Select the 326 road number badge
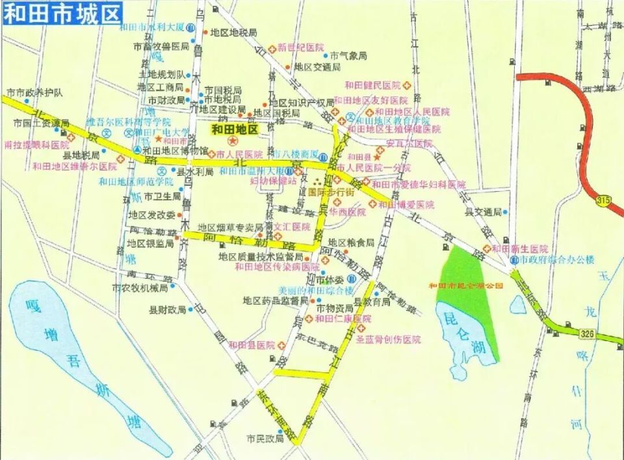point(586,333)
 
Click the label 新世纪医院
point(300,47)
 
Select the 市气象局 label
point(349,56)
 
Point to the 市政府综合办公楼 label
point(557,260)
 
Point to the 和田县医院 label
point(252,344)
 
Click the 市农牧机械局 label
point(140,287)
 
